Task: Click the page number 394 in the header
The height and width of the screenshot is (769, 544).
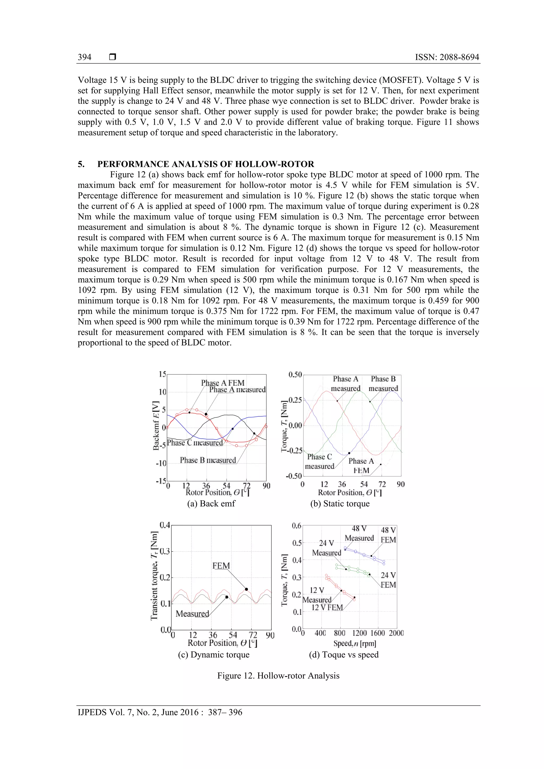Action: pyautogui.click(x=84, y=57)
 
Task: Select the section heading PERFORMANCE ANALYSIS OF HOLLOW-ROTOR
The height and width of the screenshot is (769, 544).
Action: pyautogui.click(x=206, y=164)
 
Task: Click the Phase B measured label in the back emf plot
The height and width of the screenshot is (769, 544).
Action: pyautogui.click(x=208, y=460)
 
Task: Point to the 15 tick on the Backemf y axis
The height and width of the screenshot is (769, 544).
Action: pyautogui.click(x=163, y=374)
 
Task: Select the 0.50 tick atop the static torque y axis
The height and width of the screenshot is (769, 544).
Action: pyautogui.click(x=295, y=374)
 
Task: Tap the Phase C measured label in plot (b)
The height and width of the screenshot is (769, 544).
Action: pyautogui.click(x=320, y=462)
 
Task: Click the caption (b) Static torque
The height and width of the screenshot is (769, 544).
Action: pyautogui.click(x=340, y=504)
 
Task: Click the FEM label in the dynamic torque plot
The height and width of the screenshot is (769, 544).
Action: pyautogui.click(x=221, y=566)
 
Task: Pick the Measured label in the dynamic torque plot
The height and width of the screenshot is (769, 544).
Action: pyautogui.click(x=192, y=614)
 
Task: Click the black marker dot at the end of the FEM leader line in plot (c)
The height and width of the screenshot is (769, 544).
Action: pyautogui.click(x=246, y=589)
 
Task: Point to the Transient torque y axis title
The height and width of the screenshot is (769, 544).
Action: pyautogui.click(x=154, y=575)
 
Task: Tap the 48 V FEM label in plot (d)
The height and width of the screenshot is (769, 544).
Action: pyautogui.click(x=388, y=535)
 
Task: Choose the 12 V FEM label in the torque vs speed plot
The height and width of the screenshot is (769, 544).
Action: pyautogui.click(x=327, y=608)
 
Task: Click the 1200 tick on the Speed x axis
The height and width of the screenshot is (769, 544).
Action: pyautogui.click(x=359, y=633)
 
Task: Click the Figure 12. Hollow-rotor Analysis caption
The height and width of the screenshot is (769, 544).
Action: pyautogui.click(x=278, y=676)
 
